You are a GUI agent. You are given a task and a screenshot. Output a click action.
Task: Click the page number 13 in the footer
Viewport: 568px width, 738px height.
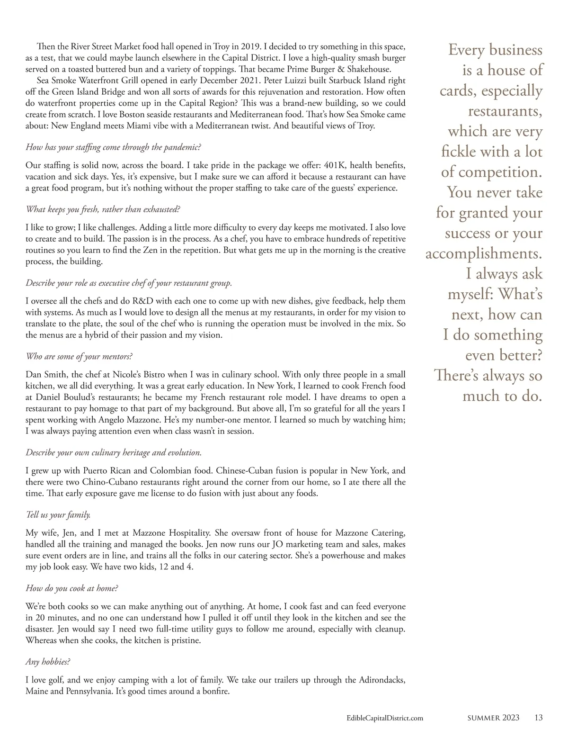click(538, 718)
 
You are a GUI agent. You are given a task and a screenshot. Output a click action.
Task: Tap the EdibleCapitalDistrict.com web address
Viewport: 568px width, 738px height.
click(384, 718)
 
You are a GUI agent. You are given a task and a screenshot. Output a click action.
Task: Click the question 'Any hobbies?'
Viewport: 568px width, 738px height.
click(48, 662)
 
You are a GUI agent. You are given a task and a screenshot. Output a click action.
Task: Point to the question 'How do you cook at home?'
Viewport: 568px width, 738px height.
click(71, 588)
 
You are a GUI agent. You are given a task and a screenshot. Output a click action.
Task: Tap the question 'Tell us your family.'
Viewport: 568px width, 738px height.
click(58, 514)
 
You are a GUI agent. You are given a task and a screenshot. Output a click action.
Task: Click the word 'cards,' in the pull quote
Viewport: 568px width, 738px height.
click(461, 90)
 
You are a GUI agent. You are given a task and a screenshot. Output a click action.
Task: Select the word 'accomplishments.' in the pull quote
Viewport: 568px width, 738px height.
click(484, 253)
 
